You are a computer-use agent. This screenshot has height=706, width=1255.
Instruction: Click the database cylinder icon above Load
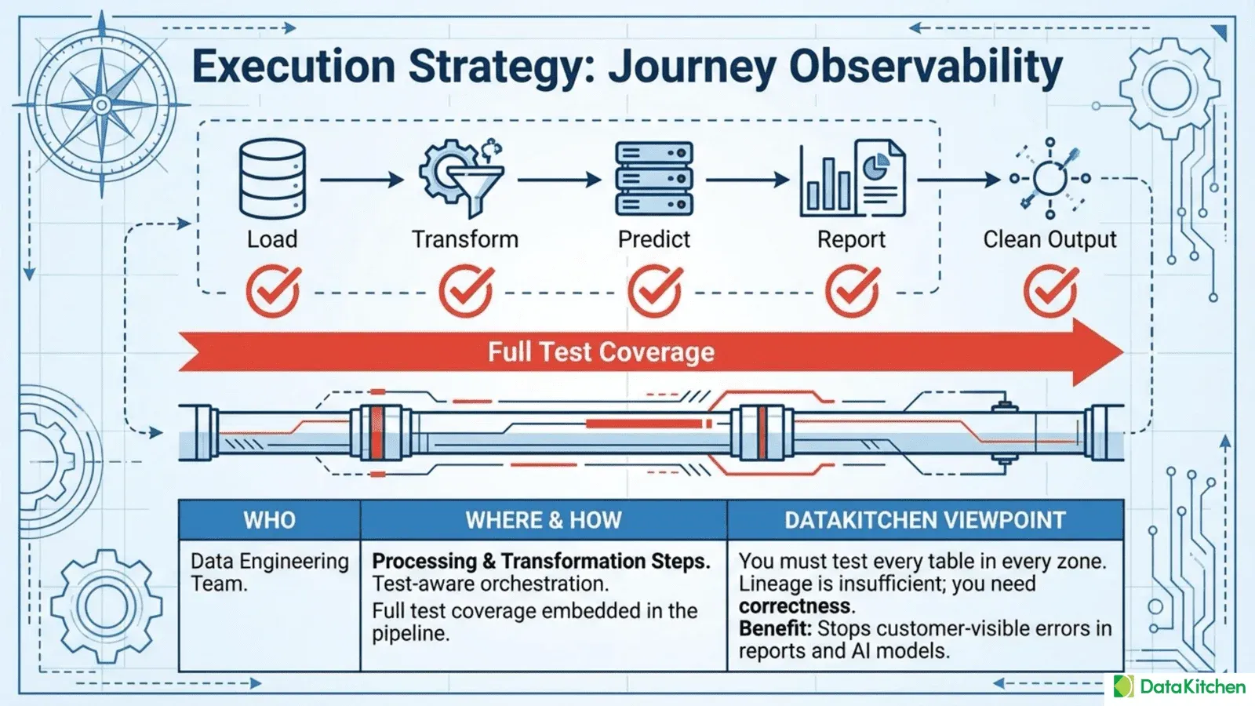coord(272,179)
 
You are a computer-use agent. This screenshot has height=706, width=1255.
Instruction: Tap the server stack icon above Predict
coord(654,179)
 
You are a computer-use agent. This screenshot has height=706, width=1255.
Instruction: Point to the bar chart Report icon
coord(852,179)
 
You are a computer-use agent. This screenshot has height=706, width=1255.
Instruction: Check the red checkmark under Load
coord(273,291)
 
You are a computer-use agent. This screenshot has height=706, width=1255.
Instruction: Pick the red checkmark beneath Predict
coord(655,291)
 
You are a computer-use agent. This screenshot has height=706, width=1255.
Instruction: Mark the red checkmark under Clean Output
coord(1050,291)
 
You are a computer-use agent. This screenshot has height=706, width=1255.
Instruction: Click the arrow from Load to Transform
coord(362,180)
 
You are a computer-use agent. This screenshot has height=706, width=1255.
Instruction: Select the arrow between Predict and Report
coord(748,180)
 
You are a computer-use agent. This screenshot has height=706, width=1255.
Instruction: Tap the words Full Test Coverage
coord(601,352)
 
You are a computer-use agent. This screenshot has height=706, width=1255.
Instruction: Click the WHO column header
coord(269,520)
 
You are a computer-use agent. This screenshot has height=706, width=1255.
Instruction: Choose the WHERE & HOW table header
coord(544,520)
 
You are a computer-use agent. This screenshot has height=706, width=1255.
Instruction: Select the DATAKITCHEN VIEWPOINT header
coord(925,520)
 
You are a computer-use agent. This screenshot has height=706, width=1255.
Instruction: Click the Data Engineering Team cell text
coord(269,572)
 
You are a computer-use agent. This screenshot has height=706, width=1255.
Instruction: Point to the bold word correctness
coord(795,606)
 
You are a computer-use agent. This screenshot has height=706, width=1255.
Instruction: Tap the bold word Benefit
coord(774,628)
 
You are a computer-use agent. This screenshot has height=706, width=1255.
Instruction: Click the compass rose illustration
coord(101,104)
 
